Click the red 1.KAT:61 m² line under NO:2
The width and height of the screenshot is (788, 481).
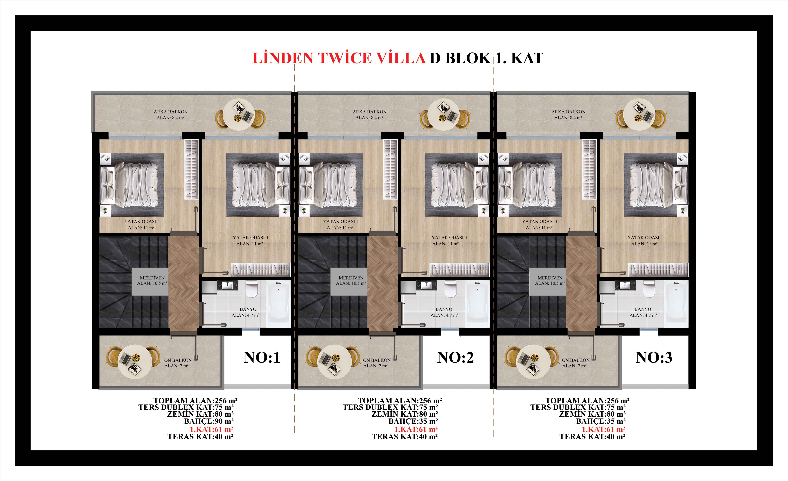click(x=416, y=429)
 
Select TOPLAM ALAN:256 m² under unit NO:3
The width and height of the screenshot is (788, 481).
click(x=588, y=401)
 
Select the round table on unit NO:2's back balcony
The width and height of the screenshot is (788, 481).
click(x=444, y=114)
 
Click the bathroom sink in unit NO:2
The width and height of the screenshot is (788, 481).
click(x=426, y=285)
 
